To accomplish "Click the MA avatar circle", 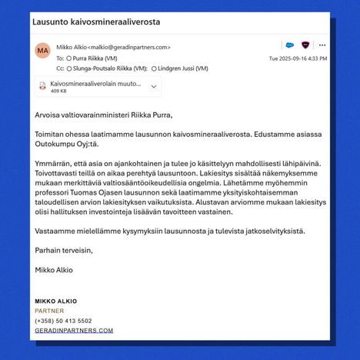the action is click(x=43, y=51).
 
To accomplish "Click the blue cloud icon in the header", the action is click(x=288, y=45).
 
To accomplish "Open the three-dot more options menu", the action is click(x=322, y=45).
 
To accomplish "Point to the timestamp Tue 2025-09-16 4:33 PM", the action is click(x=298, y=58).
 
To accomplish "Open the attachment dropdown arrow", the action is click(x=154, y=86).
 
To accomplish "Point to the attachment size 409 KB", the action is click(x=58, y=91).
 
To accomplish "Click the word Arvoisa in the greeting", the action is click(x=48, y=115).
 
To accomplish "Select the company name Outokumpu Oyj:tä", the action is click(x=67, y=144).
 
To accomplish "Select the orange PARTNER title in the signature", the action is click(x=49, y=310).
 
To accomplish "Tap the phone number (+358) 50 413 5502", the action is click(x=63, y=320).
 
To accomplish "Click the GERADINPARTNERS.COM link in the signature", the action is click(x=74, y=330).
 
